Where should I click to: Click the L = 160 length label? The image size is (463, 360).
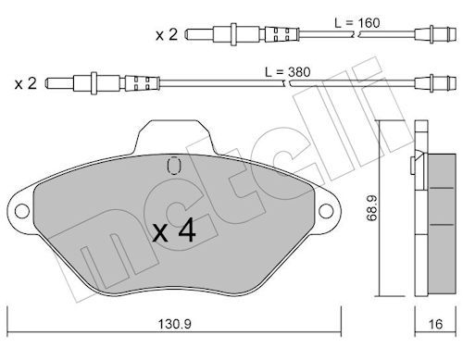(357, 23)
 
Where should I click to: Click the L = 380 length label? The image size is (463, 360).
(288, 72)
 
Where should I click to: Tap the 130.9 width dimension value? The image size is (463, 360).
(175, 324)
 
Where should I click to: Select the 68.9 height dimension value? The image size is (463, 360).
(372, 208)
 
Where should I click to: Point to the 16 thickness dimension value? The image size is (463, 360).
(435, 324)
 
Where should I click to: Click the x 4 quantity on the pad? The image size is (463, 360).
(174, 230)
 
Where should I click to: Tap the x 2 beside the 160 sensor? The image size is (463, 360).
(167, 35)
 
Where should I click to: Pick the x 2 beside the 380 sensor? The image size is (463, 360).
(26, 83)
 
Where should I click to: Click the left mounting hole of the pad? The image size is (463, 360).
(22, 211)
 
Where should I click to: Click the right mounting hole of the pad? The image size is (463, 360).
(326, 211)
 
